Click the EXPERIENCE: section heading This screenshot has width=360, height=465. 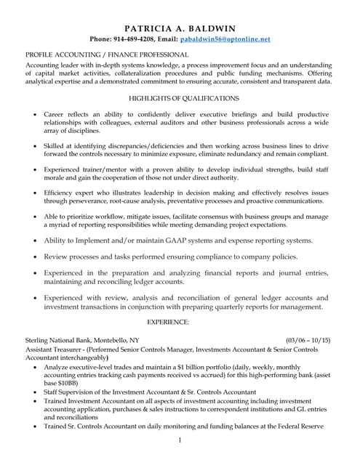pyautogui.click(x=168, y=320)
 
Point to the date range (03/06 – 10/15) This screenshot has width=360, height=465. pyautogui.click(x=308, y=340)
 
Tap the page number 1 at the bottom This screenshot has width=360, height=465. pyautogui.click(x=179, y=440)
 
